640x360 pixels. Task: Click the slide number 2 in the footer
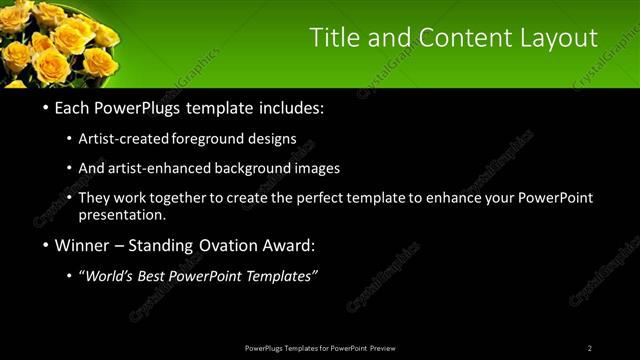590,348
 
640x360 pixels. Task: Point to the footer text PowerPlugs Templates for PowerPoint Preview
320,348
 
